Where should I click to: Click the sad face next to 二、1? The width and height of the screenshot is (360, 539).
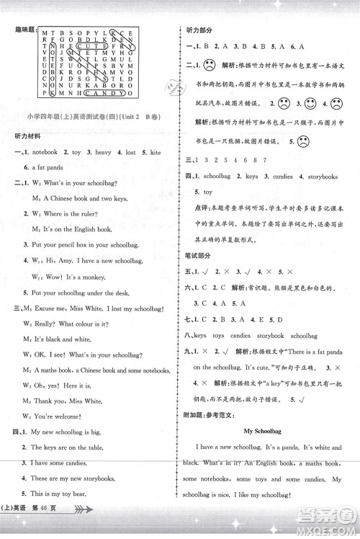[210, 66]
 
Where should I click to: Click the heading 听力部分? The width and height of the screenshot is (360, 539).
[199, 30]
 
